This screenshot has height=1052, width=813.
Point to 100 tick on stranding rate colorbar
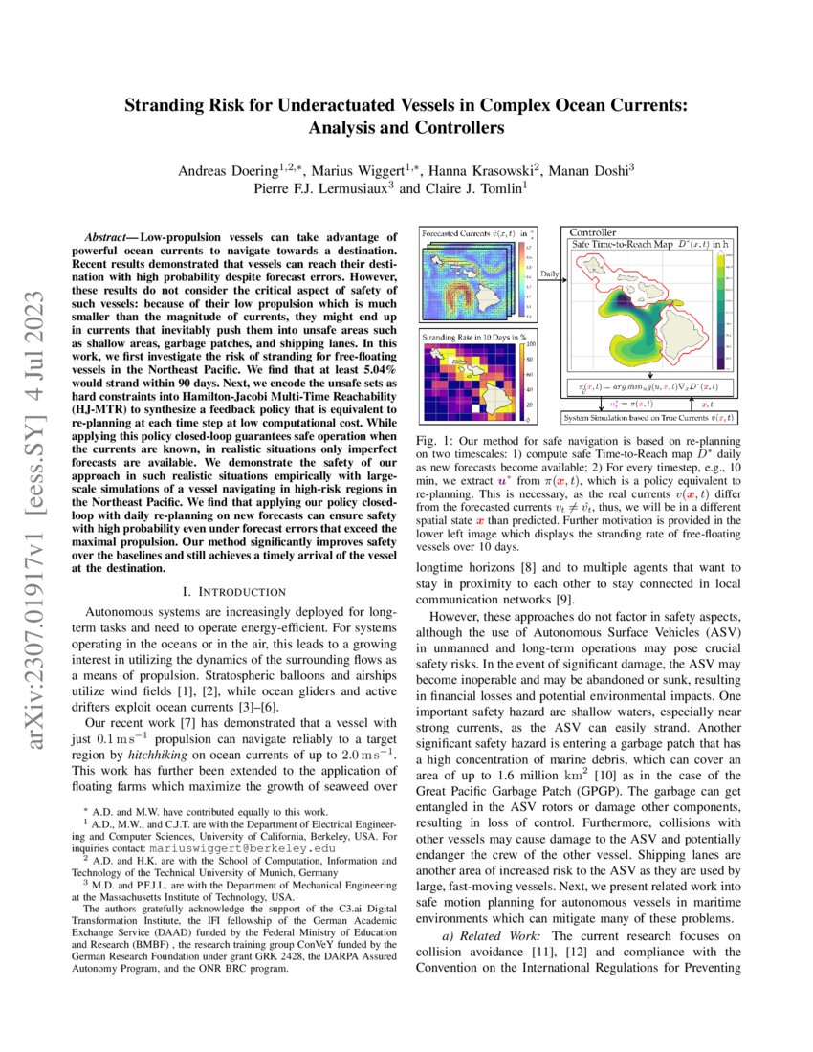click(530, 344)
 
